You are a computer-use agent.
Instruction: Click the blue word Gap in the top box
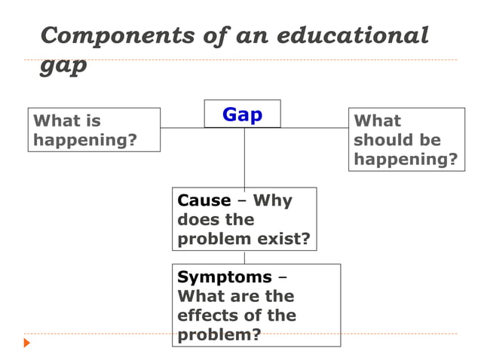click(x=242, y=114)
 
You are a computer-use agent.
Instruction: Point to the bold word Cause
click(x=204, y=200)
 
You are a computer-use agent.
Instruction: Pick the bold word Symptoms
click(x=224, y=277)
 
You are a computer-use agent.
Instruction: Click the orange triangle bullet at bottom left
click(x=27, y=343)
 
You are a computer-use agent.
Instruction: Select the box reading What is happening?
click(x=93, y=130)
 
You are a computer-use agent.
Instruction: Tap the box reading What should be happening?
click(x=406, y=139)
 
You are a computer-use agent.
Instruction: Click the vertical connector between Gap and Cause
click(x=244, y=158)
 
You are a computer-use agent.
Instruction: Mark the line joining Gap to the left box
click(x=182, y=127)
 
